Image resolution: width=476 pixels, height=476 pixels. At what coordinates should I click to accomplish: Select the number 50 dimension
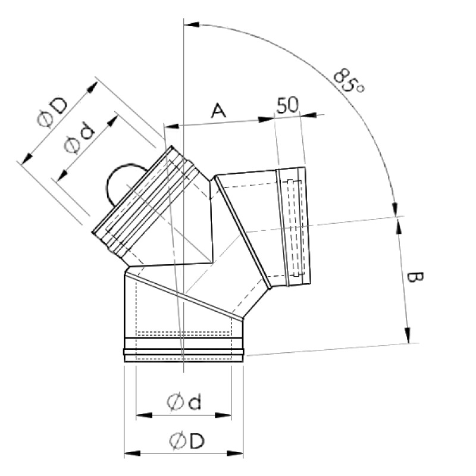coord(287,105)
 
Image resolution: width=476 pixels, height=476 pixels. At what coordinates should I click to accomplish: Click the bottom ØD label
coord(187,441)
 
